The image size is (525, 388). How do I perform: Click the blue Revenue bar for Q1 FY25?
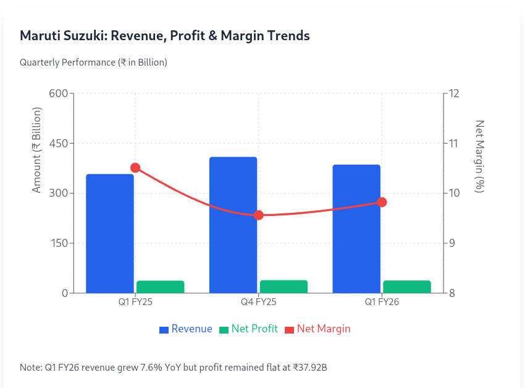(x=110, y=233)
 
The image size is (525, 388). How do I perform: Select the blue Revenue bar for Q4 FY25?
(x=233, y=225)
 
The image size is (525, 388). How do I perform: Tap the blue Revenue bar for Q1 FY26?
(x=356, y=228)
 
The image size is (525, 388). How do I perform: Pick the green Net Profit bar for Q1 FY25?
(x=161, y=287)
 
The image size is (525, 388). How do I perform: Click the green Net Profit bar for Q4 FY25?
(x=283, y=286)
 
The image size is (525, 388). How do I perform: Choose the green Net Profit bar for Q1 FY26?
(x=407, y=287)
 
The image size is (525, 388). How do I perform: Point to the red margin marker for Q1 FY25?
(x=135, y=168)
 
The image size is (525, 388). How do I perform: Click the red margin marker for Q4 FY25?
(x=259, y=215)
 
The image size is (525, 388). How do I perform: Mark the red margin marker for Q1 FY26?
(x=382, y=202)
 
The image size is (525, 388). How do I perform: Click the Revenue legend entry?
(x=185, y=329)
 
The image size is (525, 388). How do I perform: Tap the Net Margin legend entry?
(x=317, y=329)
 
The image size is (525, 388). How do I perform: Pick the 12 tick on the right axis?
(x=454, y=93)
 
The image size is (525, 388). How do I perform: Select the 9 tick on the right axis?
(x=451, y=243)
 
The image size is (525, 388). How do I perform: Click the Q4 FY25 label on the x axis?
(x=259, y=303)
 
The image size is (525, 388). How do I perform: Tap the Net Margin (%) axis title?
(x=479, y=156)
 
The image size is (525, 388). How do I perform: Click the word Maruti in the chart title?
(x=40, y=35)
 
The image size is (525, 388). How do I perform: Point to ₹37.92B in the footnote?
(x=305, y=368)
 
